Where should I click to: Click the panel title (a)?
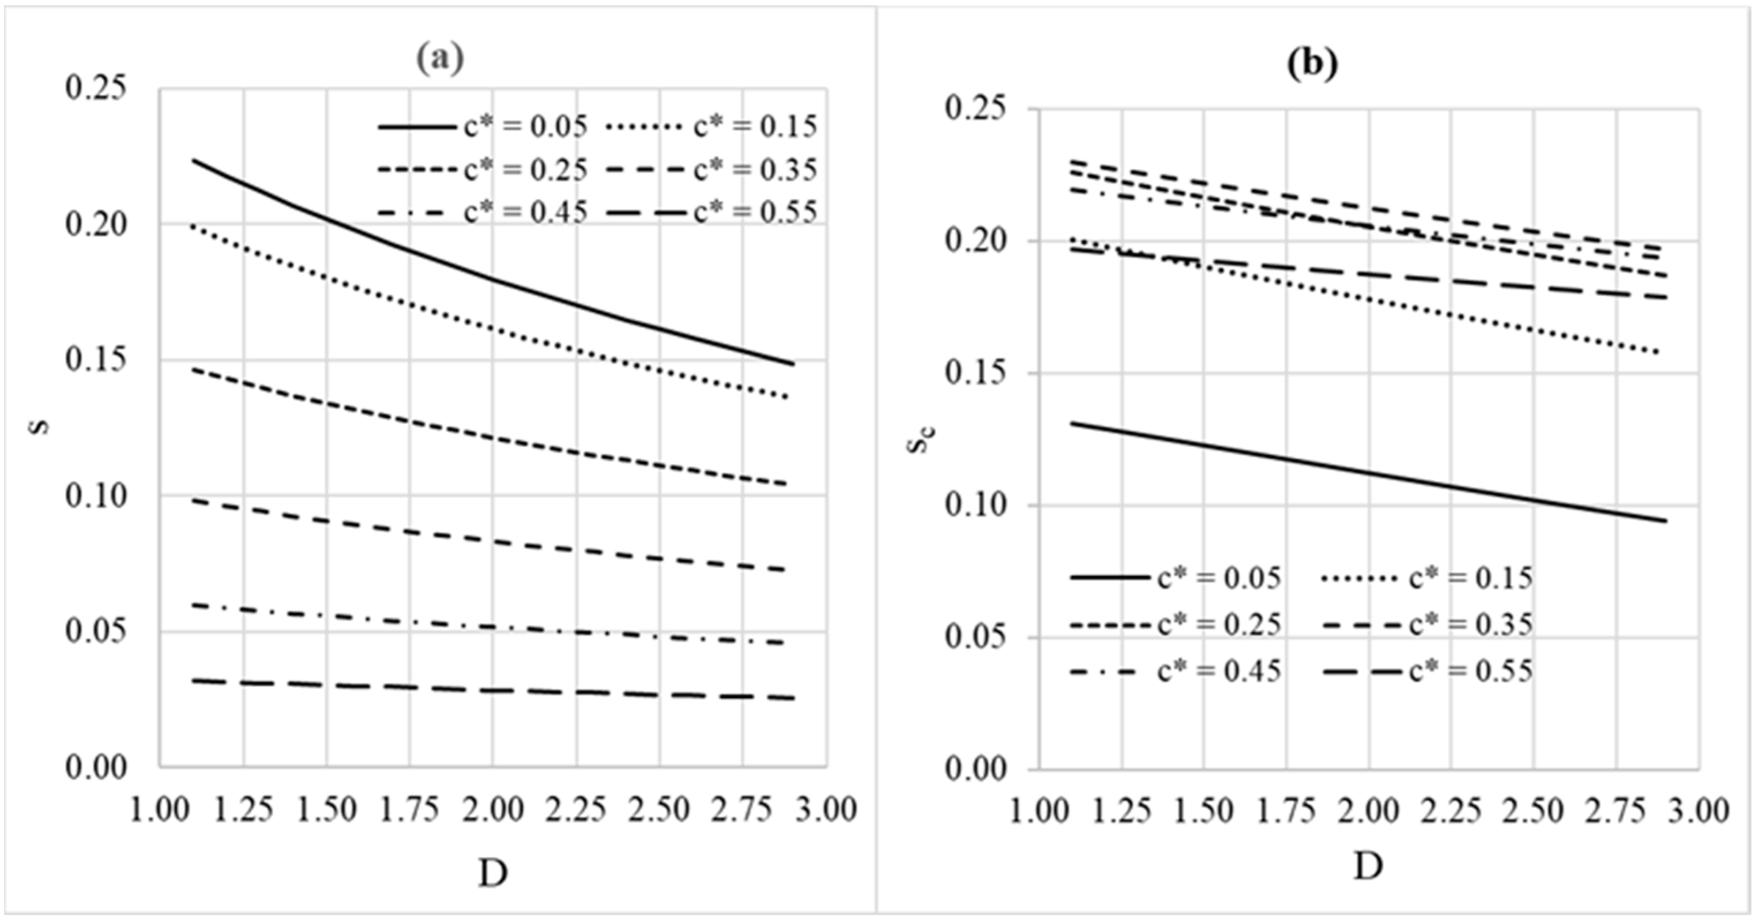pos(440,59)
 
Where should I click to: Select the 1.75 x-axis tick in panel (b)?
pos(1286,812)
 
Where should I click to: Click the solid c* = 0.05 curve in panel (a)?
pos(491,280)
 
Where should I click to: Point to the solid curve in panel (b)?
pos(1368,472)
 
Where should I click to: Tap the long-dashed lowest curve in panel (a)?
pos(491,691)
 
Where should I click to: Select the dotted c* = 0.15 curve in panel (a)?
pos(491,329)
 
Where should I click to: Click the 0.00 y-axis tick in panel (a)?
pos(96,768)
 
